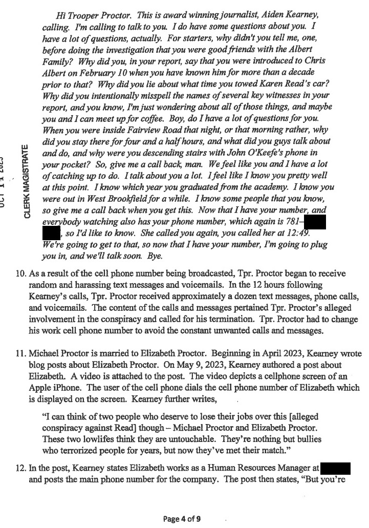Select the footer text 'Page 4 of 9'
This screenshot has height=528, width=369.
tap(184, 518)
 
